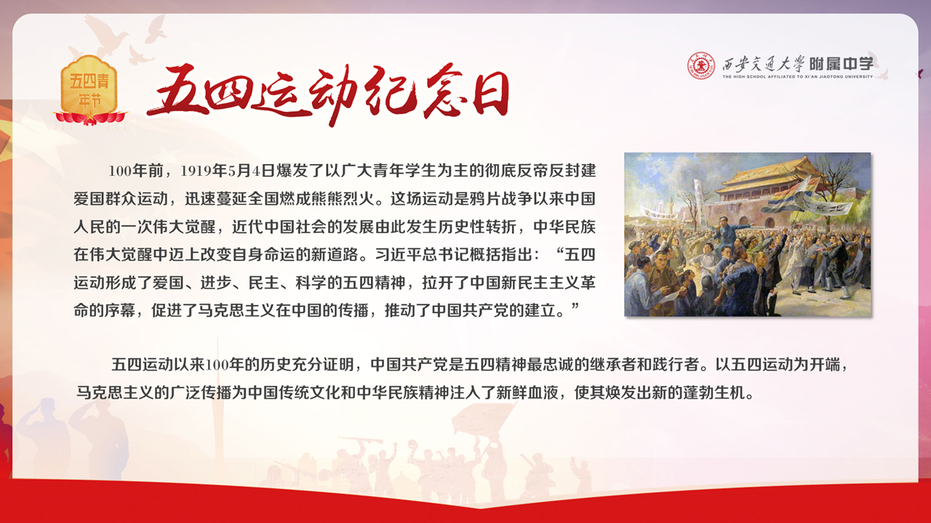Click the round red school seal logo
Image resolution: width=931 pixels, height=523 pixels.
coord(700,65)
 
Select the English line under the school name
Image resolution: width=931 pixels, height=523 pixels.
coord(798,77)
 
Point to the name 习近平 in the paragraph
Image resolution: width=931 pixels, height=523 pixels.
coord(399,254)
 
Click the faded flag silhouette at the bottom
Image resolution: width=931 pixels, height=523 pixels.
coord(483,420)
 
